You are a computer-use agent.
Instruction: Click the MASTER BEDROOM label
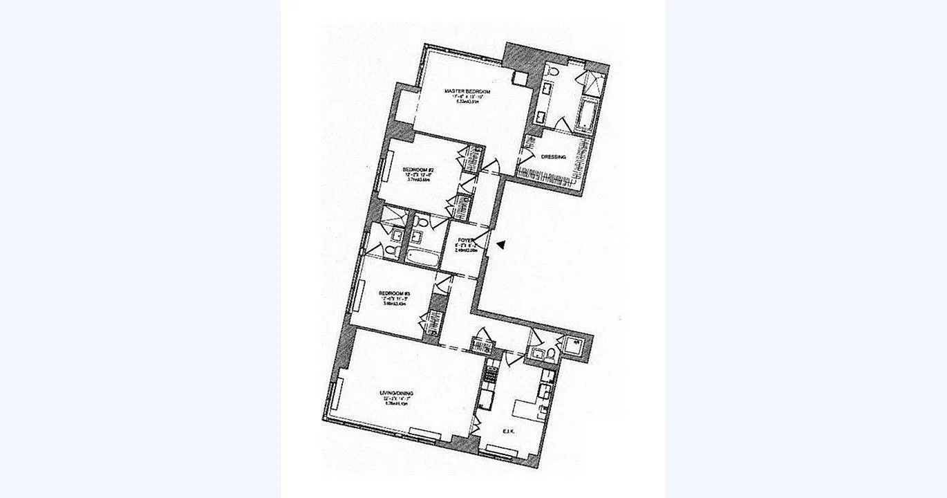click(467, 91)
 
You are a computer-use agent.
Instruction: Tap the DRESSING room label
click(553, 157)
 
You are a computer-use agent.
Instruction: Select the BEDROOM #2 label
click(418, 169)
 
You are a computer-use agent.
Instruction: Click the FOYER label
click(465, 240)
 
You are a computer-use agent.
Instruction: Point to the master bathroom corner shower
click(593, 82)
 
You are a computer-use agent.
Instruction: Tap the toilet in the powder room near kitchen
click(551, 355)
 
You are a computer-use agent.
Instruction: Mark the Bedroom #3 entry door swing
click(443, 281)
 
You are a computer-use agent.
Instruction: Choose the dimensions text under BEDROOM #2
click(418, 178)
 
